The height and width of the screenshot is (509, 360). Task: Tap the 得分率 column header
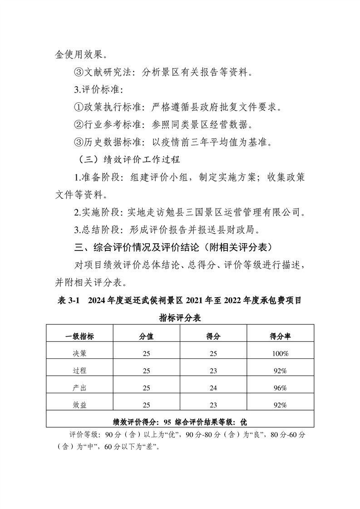tap(280, 336)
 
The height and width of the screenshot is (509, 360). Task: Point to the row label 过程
tap(79, 371)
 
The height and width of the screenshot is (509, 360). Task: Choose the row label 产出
tap(79, 388)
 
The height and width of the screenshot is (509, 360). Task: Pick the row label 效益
tap(79, 405)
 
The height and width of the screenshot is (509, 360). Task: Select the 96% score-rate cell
tap(280, 388)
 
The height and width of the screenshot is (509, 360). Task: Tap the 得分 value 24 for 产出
tap(213, 388)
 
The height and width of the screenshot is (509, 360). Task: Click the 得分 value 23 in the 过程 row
tap(213, 371)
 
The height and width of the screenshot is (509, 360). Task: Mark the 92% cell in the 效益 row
tap(280, 405)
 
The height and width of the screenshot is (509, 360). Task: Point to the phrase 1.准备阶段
tap(95, 177)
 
